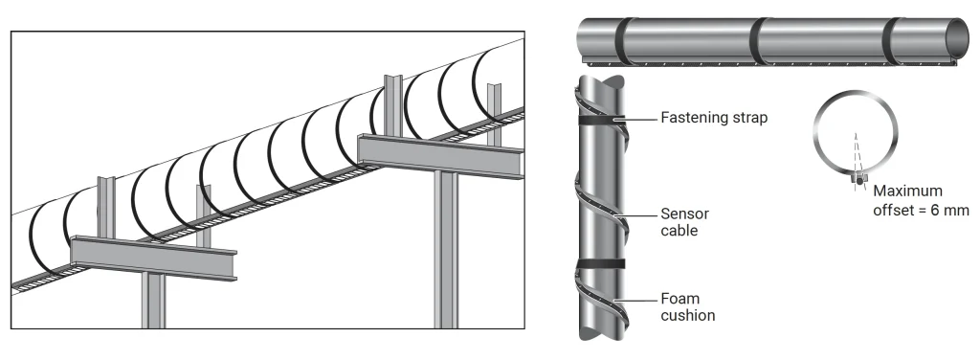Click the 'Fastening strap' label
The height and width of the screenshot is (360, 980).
point(714,118)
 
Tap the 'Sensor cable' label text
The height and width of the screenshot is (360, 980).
point(684,222)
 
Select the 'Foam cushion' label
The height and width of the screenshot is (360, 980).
point(687,307)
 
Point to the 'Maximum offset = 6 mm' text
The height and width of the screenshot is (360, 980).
point(921,201)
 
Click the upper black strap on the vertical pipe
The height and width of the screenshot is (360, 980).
point(601,120)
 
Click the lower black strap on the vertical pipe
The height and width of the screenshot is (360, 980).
point(601,263)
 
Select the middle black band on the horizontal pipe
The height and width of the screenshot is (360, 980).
point(758,41)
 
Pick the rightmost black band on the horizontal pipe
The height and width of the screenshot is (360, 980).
point(893,41)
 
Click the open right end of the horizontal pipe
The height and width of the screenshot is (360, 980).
point(959,38)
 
